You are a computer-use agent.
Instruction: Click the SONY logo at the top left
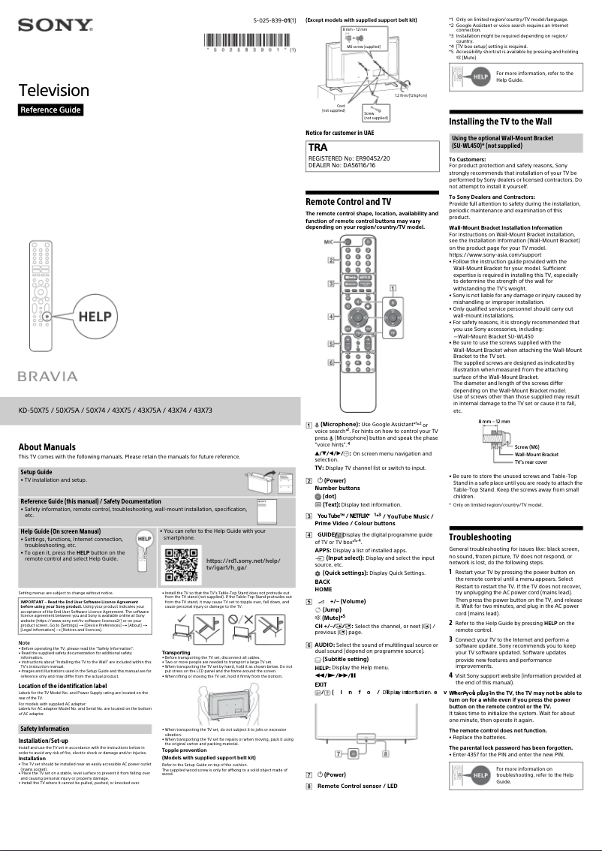tap(55, 26)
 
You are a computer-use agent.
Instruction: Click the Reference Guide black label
tap(50, 110)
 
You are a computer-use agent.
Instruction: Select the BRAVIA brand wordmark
tap(48, 376)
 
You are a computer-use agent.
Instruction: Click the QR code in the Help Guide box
tap(180, 564)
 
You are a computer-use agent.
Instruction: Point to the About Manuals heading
tap(47, 447)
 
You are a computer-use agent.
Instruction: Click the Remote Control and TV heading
tap(348, 202)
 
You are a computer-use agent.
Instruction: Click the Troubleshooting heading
tap(480, 537)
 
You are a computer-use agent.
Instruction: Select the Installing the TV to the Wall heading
tap(500, 121)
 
